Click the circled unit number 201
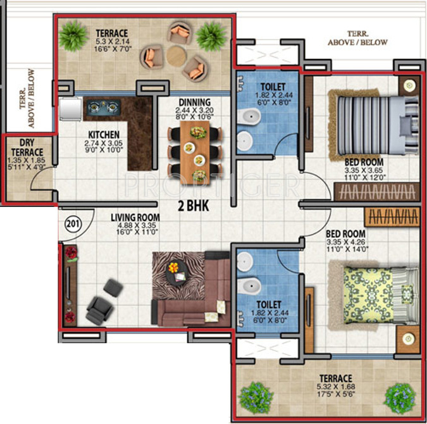73,224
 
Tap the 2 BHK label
194,206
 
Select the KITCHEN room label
104,135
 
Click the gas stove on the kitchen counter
104,107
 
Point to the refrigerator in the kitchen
70,108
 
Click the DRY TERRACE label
27,147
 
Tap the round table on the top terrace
176,56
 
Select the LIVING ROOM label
135,218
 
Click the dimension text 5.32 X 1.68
336,387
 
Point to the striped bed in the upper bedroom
377,125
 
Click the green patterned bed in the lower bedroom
381,295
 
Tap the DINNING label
194,102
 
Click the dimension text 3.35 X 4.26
346,242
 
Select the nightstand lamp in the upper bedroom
409,85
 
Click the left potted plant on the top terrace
73,36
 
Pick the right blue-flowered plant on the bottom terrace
400,398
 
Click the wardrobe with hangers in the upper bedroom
376,192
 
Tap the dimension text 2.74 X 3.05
104,143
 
